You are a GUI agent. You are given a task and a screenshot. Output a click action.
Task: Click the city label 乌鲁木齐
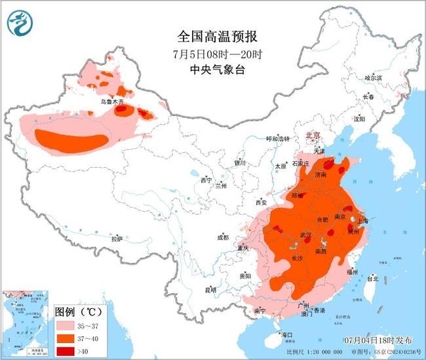coord(111,102)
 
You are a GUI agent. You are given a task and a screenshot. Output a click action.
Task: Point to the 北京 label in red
coord(313,135)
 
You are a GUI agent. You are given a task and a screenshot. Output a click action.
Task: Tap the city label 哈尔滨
coord(373,77)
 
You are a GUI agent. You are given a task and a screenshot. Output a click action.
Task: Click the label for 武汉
coord(306,235)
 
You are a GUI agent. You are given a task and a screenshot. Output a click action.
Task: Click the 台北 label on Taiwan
coord(372,278)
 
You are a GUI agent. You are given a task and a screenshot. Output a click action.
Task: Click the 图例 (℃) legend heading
coord(78,311)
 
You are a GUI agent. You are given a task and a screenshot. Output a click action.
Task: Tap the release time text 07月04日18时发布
coord(379,340)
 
